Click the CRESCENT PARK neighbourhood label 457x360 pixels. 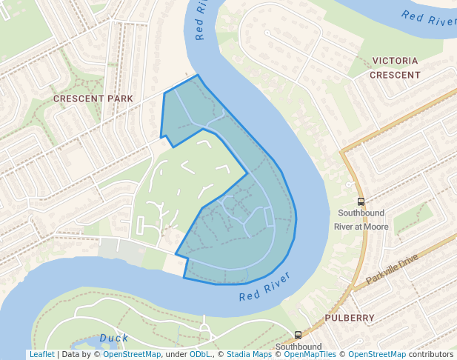[x=93, y=99]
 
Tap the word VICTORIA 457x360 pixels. [x=395, y=61]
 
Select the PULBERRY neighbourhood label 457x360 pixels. [x=350, y=318]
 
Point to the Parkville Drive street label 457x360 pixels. [x=392, y=270]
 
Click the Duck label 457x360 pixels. [x=114, y=339]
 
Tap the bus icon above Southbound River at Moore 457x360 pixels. [x=361, y=201]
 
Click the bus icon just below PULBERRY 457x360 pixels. [x=298, y=335]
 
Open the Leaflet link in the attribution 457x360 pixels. [x=41, y=355]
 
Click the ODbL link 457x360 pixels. [x=201, y=355]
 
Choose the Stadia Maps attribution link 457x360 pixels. [x=249, y=355]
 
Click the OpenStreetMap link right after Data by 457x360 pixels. [x=132, y=355]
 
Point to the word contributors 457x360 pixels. [x=431, y=355]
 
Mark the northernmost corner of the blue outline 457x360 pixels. [x=198, y=75]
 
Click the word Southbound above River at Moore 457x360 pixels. [x=361, y=213]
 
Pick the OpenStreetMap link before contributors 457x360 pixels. [x=377, y=355]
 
